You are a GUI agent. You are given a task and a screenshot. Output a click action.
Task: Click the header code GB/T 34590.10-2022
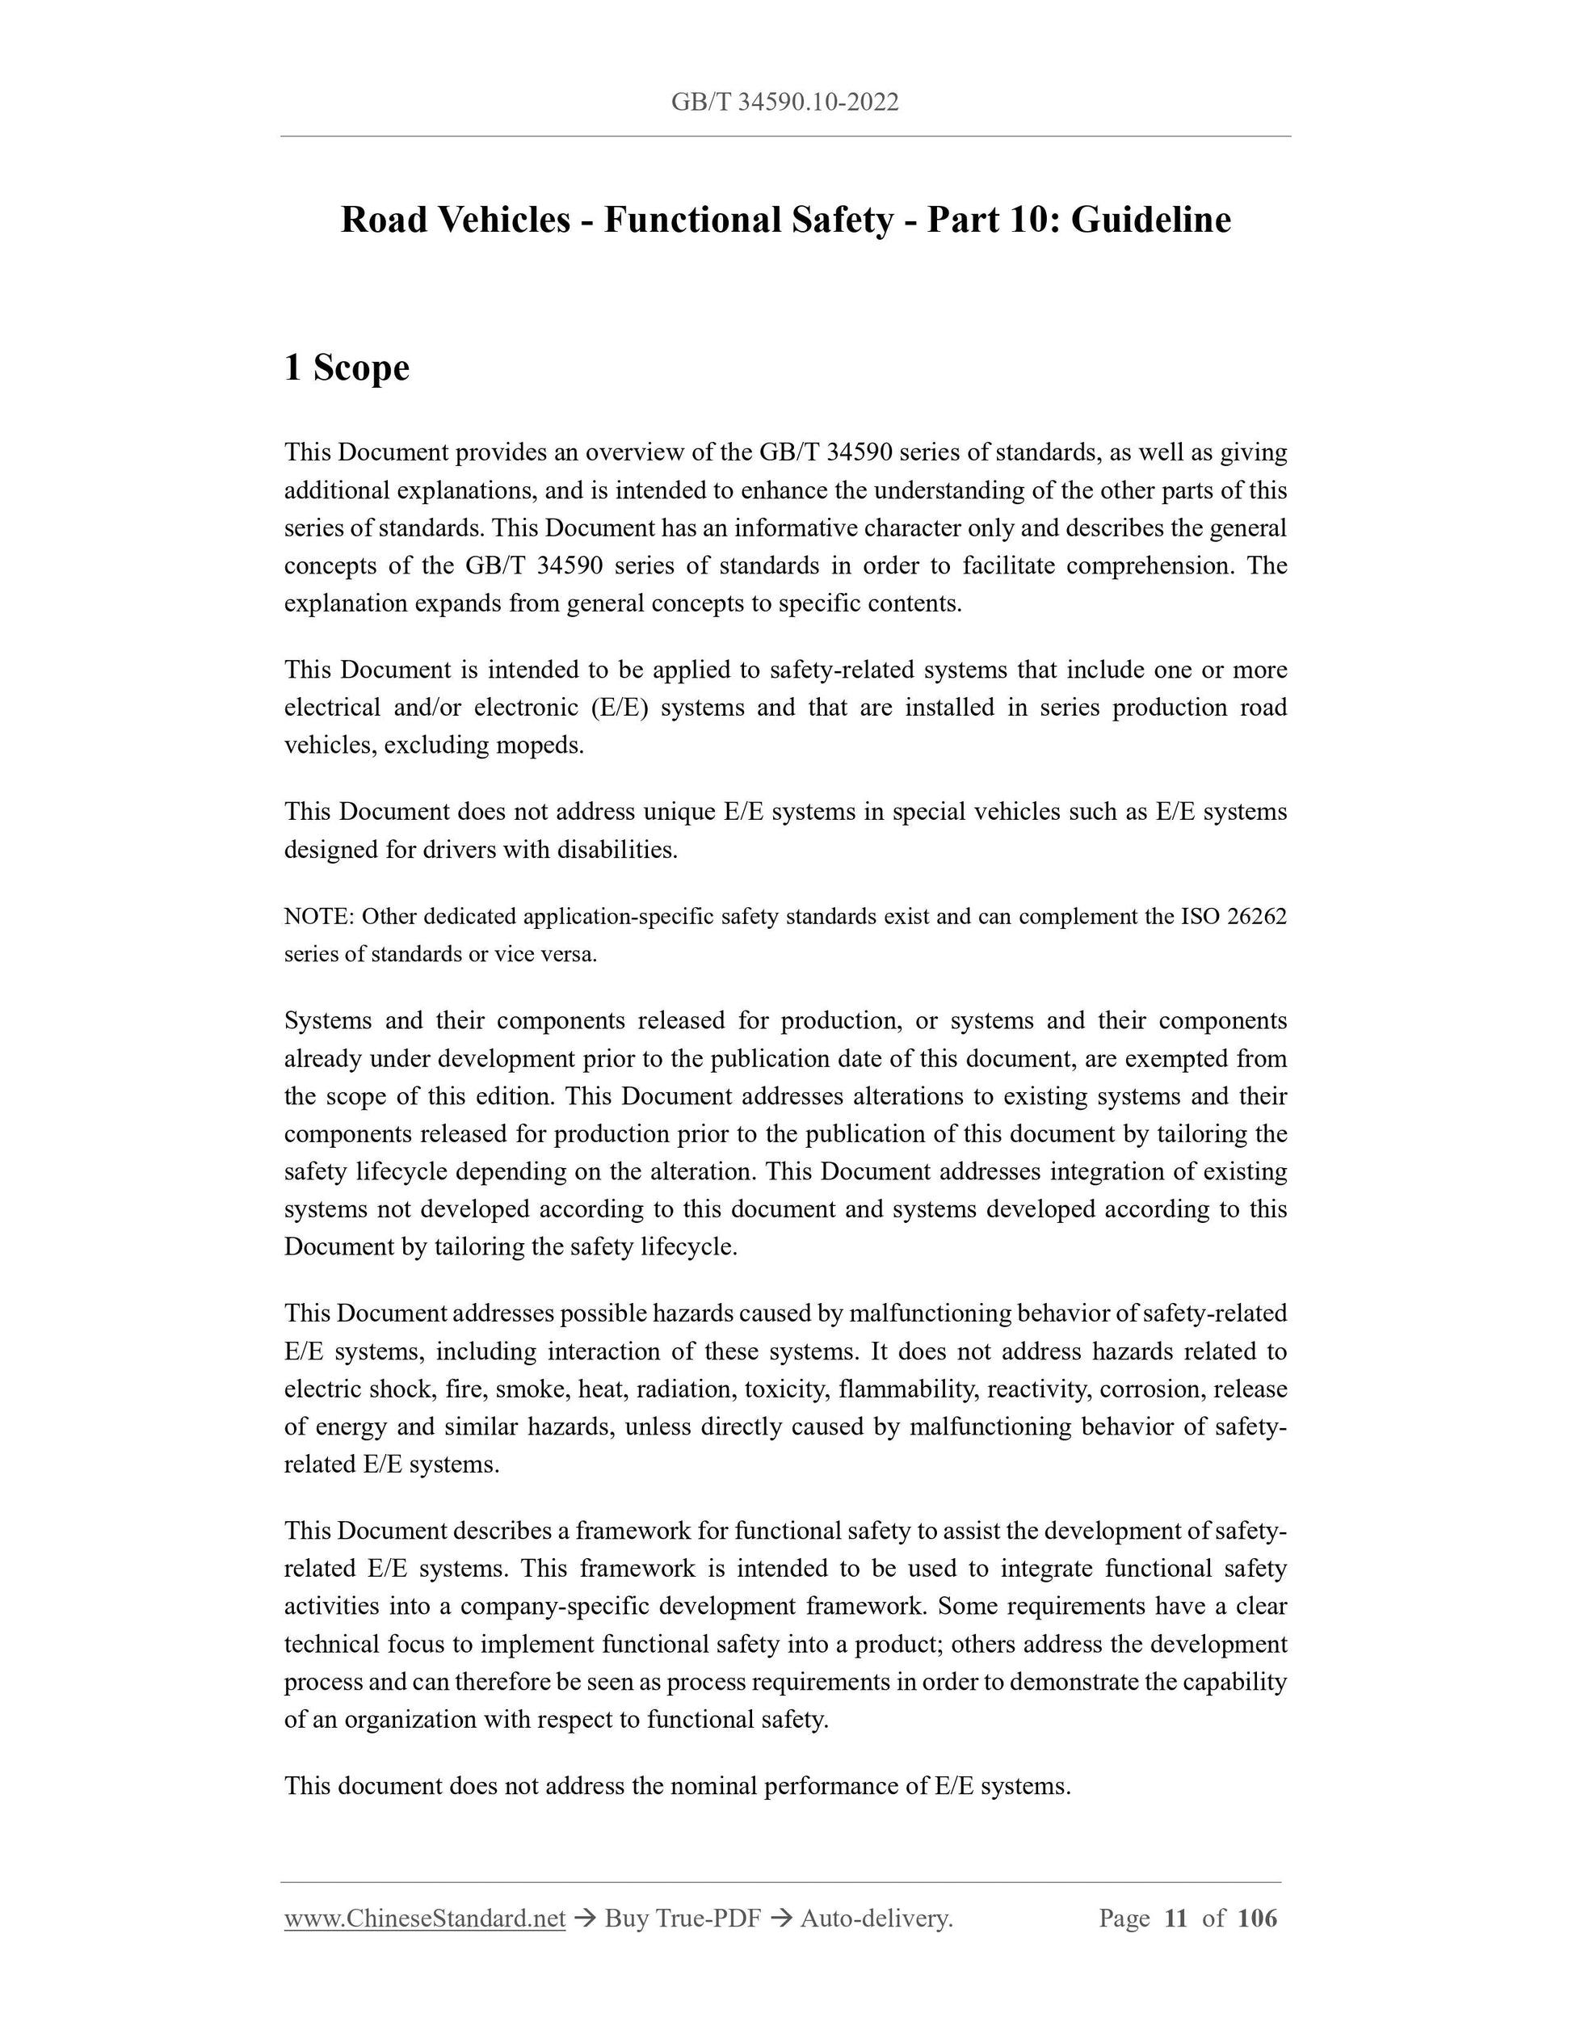785,103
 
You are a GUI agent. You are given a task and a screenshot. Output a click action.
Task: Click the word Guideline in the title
1150,220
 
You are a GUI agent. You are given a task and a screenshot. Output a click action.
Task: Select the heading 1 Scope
347,367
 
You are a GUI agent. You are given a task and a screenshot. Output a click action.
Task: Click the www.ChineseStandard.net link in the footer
425,1918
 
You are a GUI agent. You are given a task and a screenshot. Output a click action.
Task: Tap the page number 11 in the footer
1175,1918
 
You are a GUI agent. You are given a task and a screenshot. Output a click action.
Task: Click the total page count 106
1257,1918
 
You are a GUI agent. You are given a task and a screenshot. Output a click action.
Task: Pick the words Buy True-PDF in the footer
683,1918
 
